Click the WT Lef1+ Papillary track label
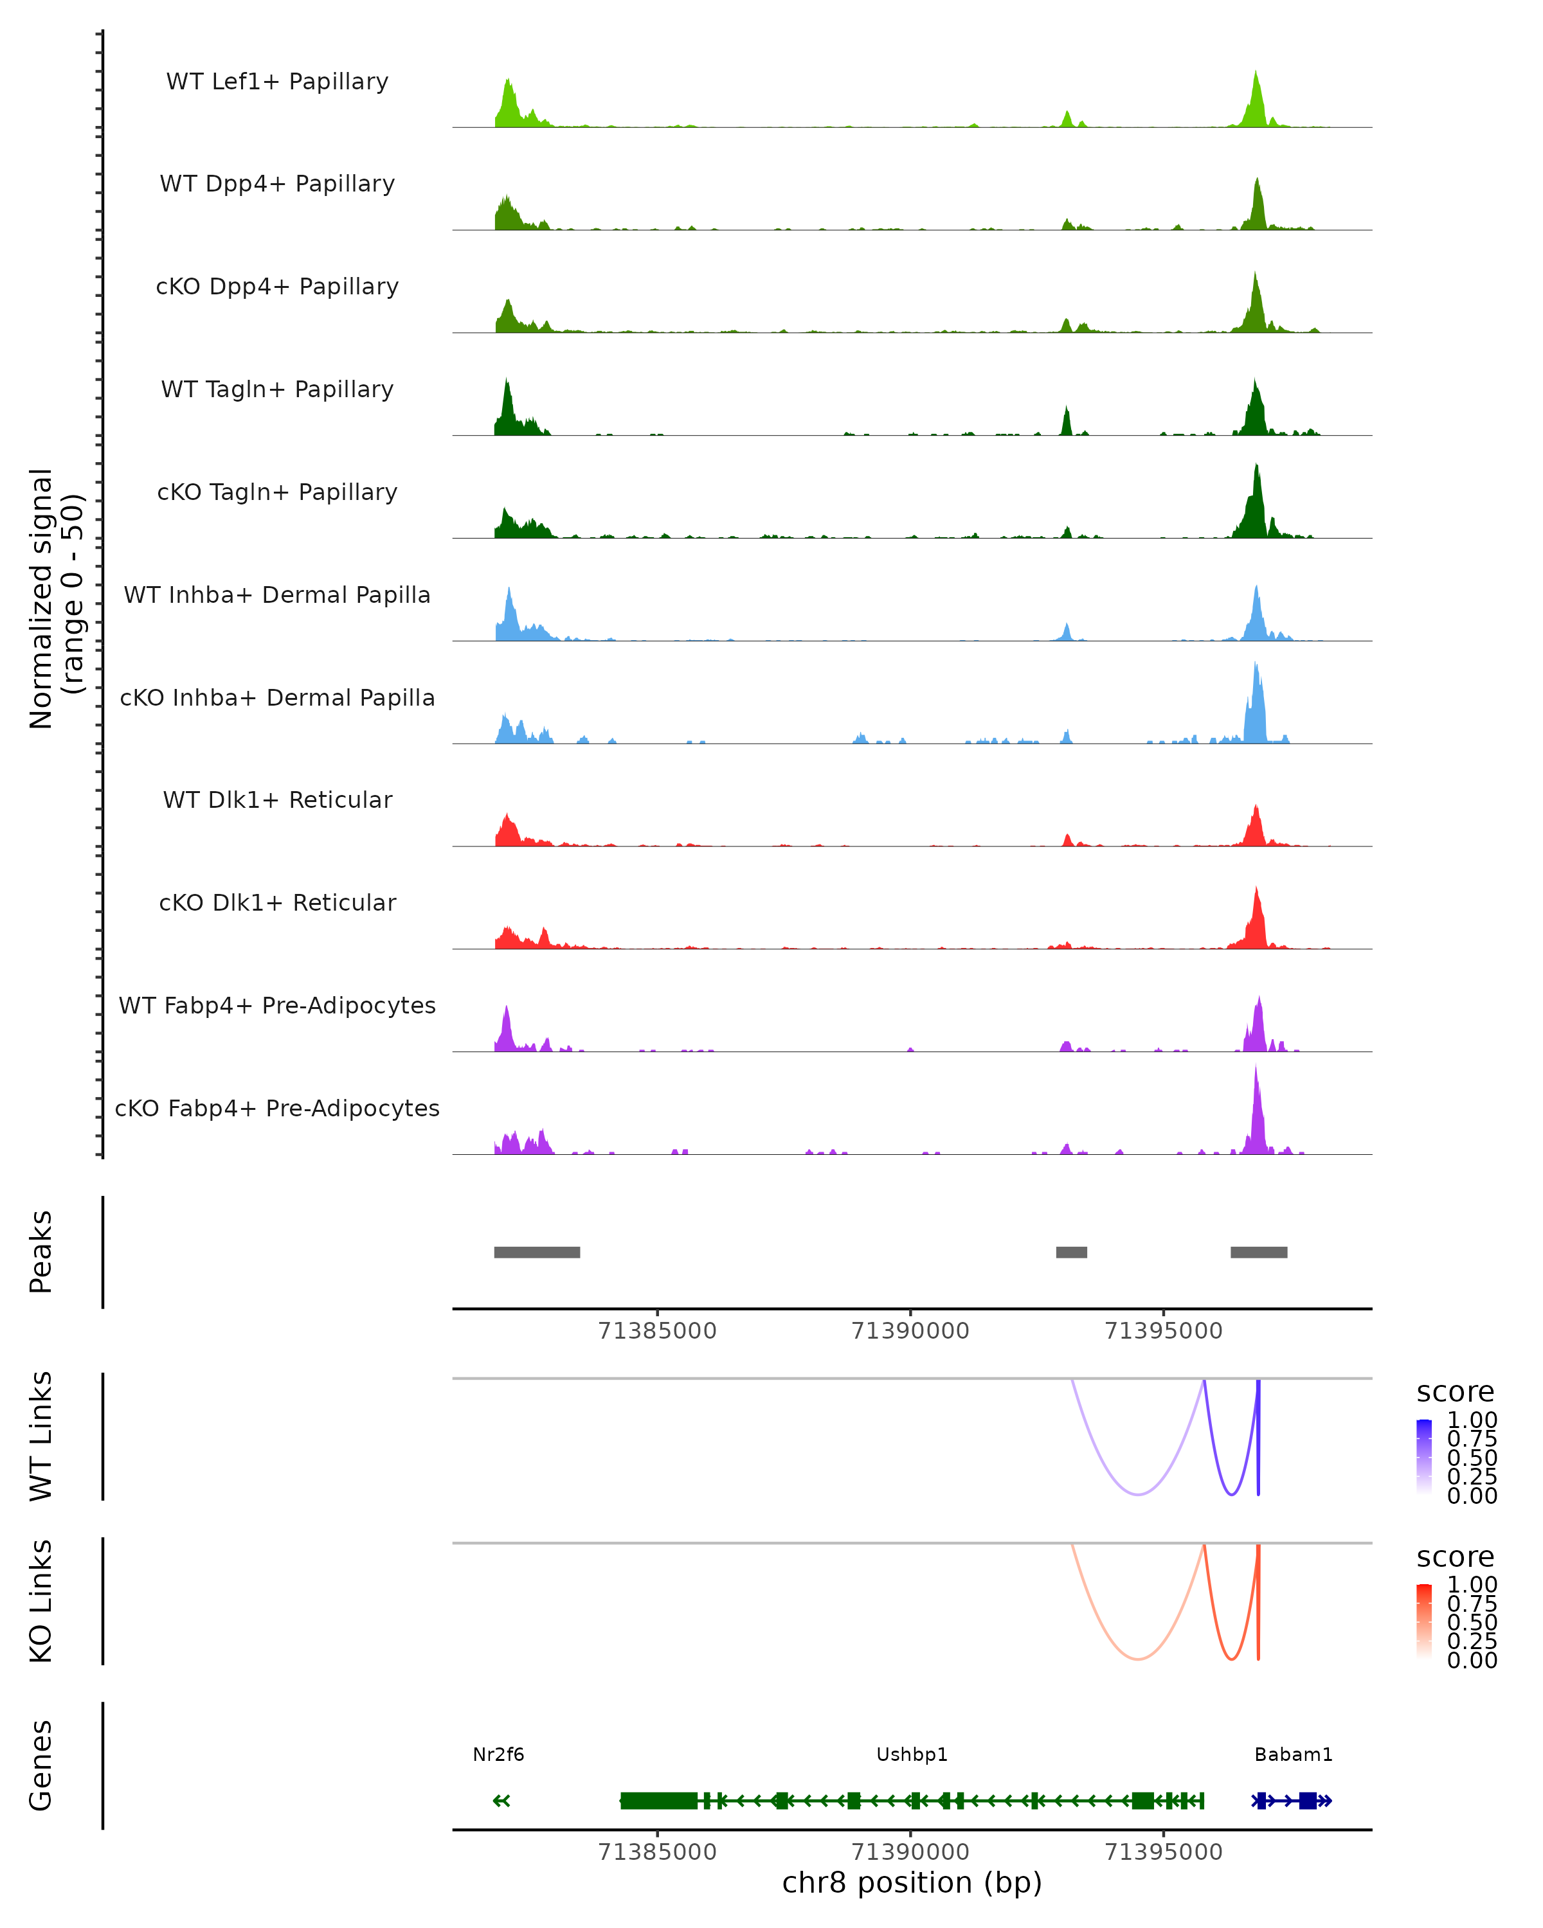click(277, 82)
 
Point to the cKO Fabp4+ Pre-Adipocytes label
click(277, 1108)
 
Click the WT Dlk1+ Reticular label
click(277, 799)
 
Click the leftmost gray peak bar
click(537, 1252)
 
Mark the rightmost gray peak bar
click(1259, 1252)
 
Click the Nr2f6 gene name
click(498, 1754)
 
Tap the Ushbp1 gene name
click(912, 1754)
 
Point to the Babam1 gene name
click(1294, 1754)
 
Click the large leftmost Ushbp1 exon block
click(658, 1800)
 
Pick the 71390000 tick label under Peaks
click(910, 1331)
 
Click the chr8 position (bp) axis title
click(912, 1882)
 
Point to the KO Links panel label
click(41, 1601)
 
